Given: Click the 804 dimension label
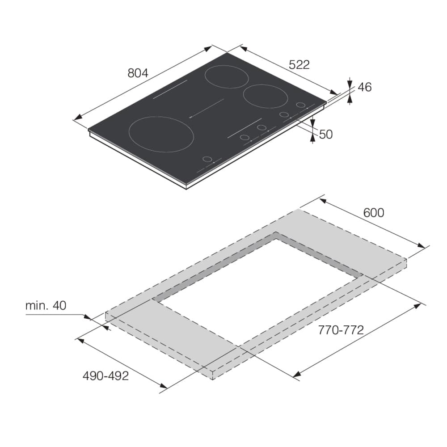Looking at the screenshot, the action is [138, 73].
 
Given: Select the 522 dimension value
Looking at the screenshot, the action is [299, 65].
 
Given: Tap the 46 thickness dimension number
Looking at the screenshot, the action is [365, 87].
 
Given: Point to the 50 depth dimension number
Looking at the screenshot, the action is [326, 134].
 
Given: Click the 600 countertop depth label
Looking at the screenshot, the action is [374, 213].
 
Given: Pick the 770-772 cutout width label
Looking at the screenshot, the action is [341, 330].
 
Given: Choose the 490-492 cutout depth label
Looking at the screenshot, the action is [106, 376].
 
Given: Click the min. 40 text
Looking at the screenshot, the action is [46, 306].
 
